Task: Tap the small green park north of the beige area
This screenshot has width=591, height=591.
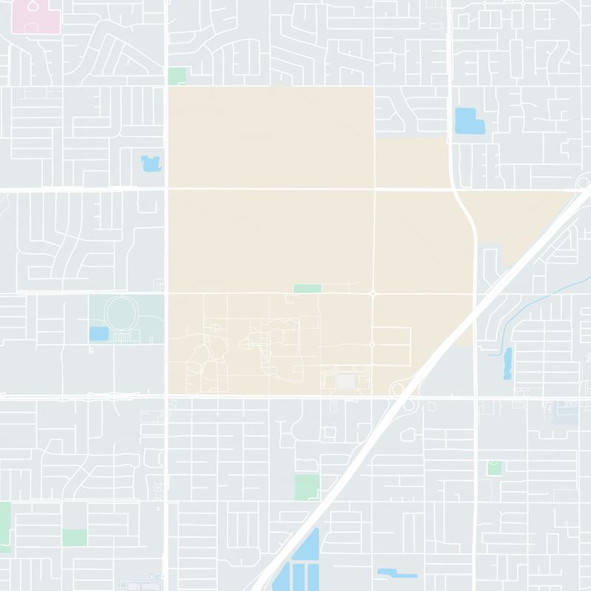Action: pyautogui.click(x=177, y=75)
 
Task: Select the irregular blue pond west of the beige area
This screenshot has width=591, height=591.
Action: pyautogui.click(x=151, y=163)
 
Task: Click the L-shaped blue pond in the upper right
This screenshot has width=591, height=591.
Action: pyautogui.click(x=467, y=120)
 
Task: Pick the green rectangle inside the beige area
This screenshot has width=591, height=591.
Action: pyautogui.click(x=307, y=288)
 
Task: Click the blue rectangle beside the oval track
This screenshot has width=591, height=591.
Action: pyautogui.click(x=98, y=334)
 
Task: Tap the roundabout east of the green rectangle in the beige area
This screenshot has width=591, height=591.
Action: pyautogui.click(x=373, y=293)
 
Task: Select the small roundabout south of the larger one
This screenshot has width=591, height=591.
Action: pyautogui.click(x=372, y=344)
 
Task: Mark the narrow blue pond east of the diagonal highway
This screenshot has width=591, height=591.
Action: pyautogui.click(x=508, y=363)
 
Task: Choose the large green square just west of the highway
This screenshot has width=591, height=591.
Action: pyautogui.click(x=307, y=488)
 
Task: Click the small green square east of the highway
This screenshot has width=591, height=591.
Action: pyautogui.click(x=493, y=468)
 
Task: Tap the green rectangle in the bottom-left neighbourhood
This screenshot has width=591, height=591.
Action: pyautogui.click(x=74, y=537)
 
